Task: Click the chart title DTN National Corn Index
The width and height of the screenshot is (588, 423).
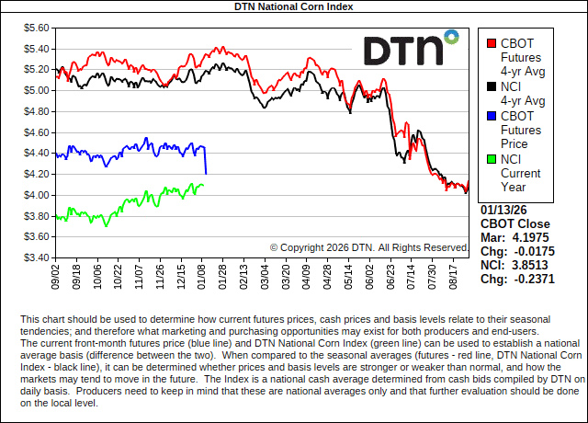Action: coord(293,6)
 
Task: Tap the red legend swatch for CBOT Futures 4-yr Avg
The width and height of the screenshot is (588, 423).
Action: coord(492,42)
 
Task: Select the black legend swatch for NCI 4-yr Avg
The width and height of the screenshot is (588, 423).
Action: coord(492,87)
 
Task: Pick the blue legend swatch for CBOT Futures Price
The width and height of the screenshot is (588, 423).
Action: coord(492,117)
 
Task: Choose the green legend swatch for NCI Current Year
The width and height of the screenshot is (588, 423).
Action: coord(492,159)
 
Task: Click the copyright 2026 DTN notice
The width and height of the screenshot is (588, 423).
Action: coord(369,247)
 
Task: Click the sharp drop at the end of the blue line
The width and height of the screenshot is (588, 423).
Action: coord(205,161)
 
